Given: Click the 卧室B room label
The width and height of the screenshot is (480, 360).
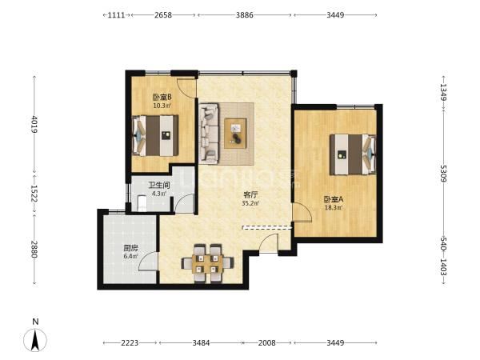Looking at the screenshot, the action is tap(162, 98).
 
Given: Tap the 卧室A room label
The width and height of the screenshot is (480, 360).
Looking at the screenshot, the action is tap(334, 199).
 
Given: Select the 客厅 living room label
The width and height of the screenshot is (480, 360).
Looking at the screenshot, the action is tap(250, 194).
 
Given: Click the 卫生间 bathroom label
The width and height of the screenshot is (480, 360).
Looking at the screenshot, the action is tap(159, 186).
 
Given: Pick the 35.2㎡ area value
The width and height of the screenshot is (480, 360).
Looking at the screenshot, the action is tap(250, 202).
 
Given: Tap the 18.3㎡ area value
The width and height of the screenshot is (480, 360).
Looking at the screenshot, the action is tap(334, 208).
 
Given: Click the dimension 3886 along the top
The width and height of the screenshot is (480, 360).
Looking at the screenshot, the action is tap(244, 15).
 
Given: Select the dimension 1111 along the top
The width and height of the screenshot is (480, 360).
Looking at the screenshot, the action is tap(116, 15).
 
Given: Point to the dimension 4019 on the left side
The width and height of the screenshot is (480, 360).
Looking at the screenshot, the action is tap(34, 124).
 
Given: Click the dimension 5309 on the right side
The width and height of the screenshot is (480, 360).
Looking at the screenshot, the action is tap(443, 174).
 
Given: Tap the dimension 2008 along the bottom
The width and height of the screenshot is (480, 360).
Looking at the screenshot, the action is tap(266, 343).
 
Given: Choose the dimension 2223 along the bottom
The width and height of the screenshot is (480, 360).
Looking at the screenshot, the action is tap(130, 343).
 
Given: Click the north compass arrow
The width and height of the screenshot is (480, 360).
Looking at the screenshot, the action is tap(35, 340).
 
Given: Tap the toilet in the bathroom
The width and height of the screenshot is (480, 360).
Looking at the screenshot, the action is tap(142, 203).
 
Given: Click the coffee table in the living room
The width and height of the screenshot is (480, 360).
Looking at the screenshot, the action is tap(235, 133).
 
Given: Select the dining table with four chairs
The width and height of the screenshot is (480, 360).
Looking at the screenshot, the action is tap(207, 263).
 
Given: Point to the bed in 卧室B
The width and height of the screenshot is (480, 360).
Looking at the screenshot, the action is tap(155, 135).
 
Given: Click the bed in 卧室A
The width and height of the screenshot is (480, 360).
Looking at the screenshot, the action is tap(353, 154).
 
